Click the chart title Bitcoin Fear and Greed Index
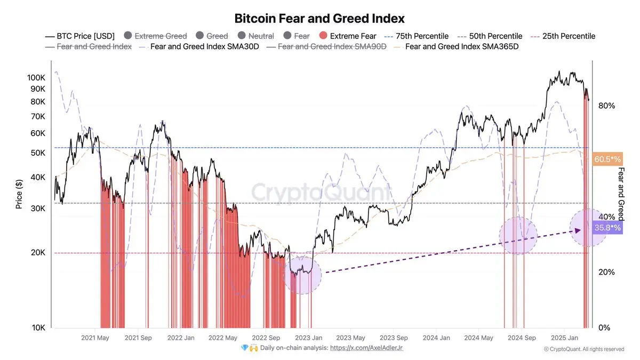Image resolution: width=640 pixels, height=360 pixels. click(319, 18)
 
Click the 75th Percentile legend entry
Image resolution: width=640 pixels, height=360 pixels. click(415, 36)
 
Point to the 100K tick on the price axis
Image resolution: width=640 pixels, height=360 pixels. click(36, 78)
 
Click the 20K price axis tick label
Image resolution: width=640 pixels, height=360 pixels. click(38, 253)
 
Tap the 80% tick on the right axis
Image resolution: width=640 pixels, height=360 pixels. click(606, 106)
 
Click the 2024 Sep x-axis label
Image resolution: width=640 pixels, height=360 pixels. click(522, 338)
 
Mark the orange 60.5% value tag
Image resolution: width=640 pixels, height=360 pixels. click(607, 158)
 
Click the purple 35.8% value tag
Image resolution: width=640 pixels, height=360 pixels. click(607, 228)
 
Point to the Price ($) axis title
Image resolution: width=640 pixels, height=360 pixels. click(19, 194)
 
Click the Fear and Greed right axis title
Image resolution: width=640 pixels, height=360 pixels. click(621, 194)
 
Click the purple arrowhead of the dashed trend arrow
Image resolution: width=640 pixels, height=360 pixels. click(577, 230)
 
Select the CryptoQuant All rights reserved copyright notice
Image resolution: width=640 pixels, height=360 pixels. click(583, 349)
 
